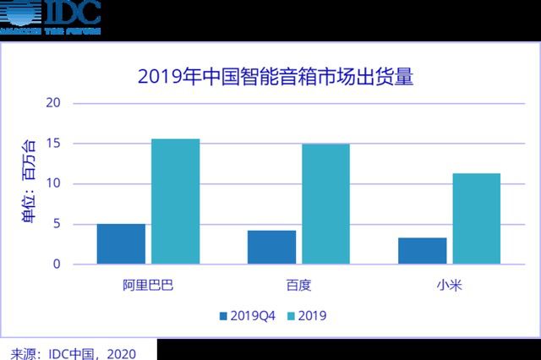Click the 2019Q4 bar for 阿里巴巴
click(121, 244)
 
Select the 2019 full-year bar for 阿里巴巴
click(175, 201)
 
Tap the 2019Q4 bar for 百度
click(271, 247)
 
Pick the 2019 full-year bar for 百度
click(325, 204)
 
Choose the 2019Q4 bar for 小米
click(422, 251)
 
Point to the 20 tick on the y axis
click(54, 103)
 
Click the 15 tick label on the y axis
click(54, 144)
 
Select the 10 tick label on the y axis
click(54, 183)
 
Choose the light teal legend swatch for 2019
click(291, 316)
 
